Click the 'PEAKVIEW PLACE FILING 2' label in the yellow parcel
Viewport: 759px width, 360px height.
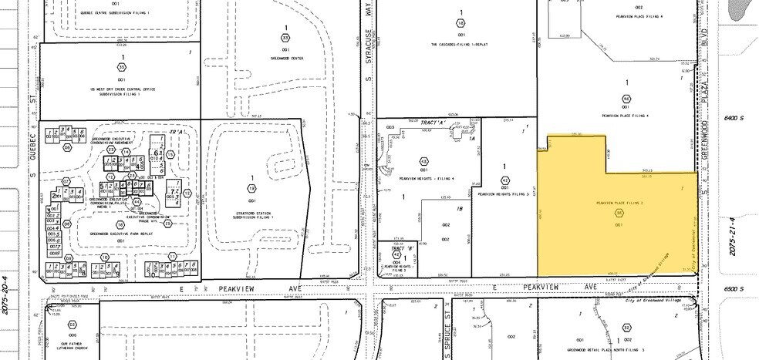click(x=619, y=202)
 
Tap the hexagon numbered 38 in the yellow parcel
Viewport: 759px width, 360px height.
click(x=619, y=213)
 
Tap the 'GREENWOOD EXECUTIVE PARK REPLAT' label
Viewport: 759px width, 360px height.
click(x=120, y=233)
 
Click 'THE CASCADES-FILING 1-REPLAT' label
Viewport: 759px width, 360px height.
click(x=460, y=45)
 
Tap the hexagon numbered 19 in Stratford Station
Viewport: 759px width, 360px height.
click(x=251, y=188)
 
